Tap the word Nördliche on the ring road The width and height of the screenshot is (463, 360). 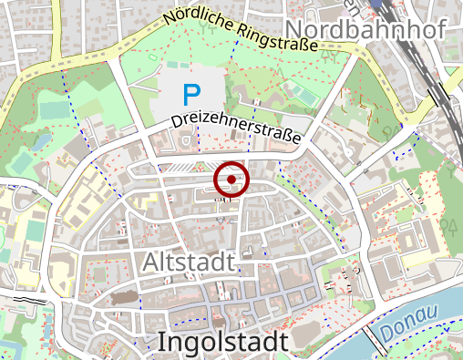[198, 17]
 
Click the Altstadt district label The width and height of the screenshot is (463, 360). [189, 262]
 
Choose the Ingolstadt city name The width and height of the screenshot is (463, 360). [222, 342]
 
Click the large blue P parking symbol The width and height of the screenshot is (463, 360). [190, 94]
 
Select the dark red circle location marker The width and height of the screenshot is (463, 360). [231, 180]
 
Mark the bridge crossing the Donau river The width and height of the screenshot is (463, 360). [376, 343]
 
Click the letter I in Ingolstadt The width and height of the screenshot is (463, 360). [162, 342]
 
